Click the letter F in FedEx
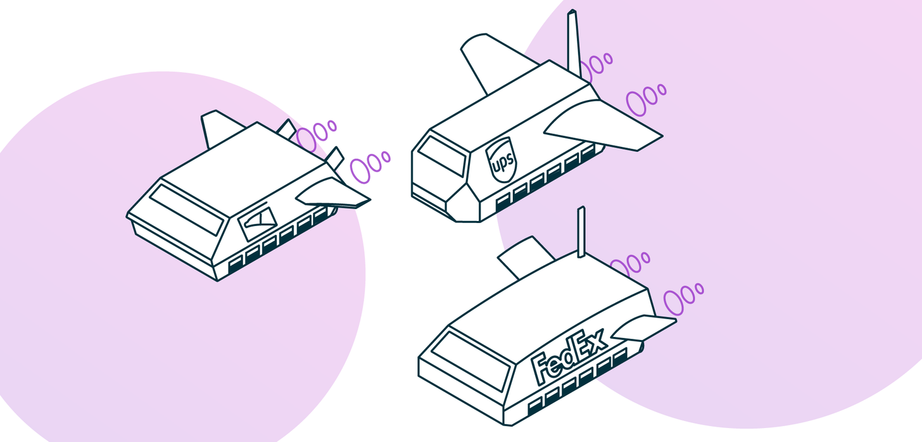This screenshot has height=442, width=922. [543, 370]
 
